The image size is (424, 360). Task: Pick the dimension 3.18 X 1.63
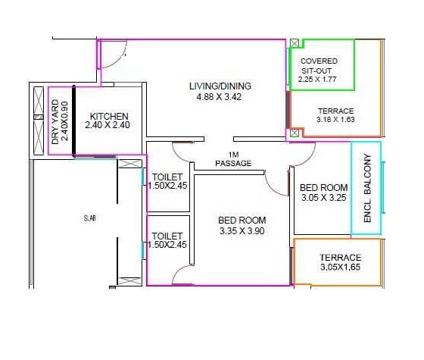coord(335,120)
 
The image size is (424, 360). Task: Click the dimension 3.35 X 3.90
coord(242,231)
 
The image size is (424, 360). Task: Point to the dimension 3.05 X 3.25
coord(323,199)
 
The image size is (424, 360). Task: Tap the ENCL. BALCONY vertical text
coord(367,188)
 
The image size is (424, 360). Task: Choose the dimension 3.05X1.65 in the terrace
coord(340,268)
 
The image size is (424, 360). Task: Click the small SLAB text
coord(89,218)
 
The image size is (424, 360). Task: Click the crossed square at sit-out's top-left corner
coord(295,43)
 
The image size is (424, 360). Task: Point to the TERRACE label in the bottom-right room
coord(340,258)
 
